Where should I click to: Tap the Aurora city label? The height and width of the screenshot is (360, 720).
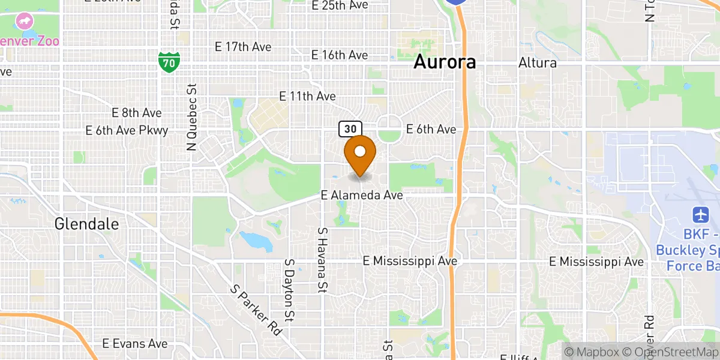(445, 62)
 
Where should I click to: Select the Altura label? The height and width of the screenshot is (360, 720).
(538, 62)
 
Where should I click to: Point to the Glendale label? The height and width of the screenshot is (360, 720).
(86, 224)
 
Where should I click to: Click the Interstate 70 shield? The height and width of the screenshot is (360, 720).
(169, 61)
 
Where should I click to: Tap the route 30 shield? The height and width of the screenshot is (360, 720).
(350, 128)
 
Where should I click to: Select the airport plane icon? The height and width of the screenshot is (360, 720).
(700, 214)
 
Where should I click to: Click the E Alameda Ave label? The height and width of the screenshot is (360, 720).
(361, 195)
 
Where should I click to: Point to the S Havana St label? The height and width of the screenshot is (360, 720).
(323, 259)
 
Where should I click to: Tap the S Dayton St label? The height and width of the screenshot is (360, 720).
(290, 291)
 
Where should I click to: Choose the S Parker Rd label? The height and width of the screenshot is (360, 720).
(256, 309)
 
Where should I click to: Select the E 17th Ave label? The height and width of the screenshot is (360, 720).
(243, 47)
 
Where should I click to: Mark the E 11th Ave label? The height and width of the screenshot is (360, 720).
(308, 96)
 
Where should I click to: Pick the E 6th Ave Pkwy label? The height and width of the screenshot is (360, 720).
(127, 130)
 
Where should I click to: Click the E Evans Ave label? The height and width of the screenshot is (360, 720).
(134, 343)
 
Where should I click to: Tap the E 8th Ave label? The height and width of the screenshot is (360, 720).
(136, 113)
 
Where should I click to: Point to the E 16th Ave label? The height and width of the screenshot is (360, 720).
(340, 55)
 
